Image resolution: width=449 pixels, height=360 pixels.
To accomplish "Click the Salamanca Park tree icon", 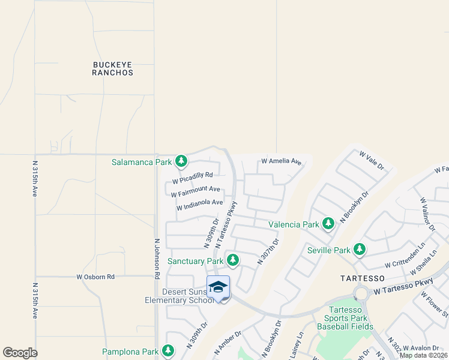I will (x=181, y=161).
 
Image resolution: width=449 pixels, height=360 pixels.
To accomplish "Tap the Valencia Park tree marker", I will (x=328, y=224).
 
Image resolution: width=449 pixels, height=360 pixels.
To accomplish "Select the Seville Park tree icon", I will (x=359, y=250).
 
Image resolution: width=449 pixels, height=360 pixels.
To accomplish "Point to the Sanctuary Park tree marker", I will (x=232, y=260).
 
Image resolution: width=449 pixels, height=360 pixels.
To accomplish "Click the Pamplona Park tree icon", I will (x=168, y=351).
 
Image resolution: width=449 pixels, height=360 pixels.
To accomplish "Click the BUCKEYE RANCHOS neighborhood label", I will (x=113, y=68).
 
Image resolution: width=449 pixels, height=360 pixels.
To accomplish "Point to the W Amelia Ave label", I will (x=281, y=161).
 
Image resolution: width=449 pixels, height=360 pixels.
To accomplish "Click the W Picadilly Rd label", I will (x=193, y=178).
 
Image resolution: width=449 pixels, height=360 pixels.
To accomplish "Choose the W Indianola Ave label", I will (x=199, y=205).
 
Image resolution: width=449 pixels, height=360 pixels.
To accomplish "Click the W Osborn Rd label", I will (x=95, y=277).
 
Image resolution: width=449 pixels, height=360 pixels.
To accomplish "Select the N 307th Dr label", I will (x=268, y=251).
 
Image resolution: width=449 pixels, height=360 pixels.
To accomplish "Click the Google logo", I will (x=20, y=353).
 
